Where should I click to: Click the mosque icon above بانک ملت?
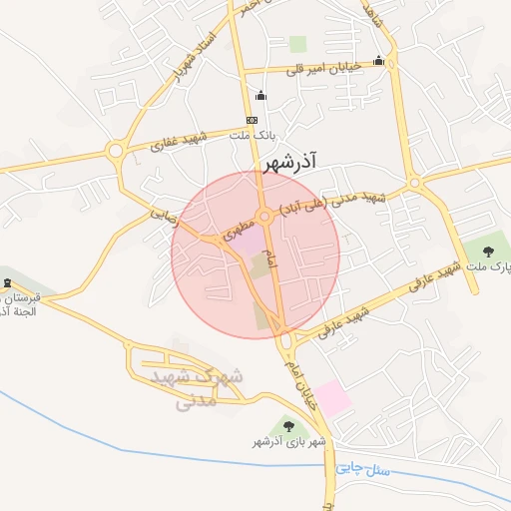tap(261, 96)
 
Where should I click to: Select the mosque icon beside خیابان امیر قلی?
tap(378, 61)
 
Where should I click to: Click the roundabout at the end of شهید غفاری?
tap(116, 152)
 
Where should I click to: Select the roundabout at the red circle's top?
tap(265, 217)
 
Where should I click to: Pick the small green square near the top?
tap(298, 44)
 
